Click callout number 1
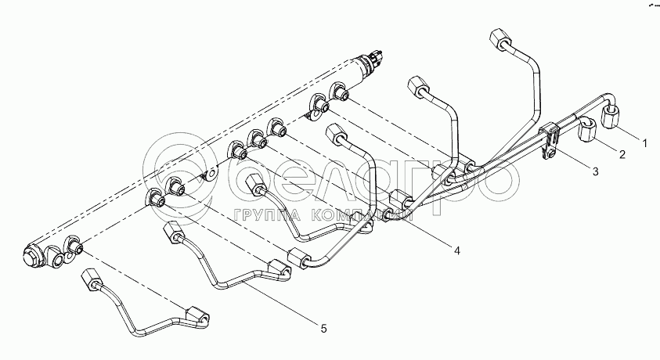(x=644, y=143)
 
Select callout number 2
(x=622, y=155)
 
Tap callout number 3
(x=595, y=171)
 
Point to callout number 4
(x=456, y=251)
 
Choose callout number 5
(x=323, y=329)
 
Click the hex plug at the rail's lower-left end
(x=31, y=256)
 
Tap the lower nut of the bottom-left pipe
(x=197, y=315)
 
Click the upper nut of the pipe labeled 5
(x=173, y=232)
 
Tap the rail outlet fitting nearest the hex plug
(x=75, y=247)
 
